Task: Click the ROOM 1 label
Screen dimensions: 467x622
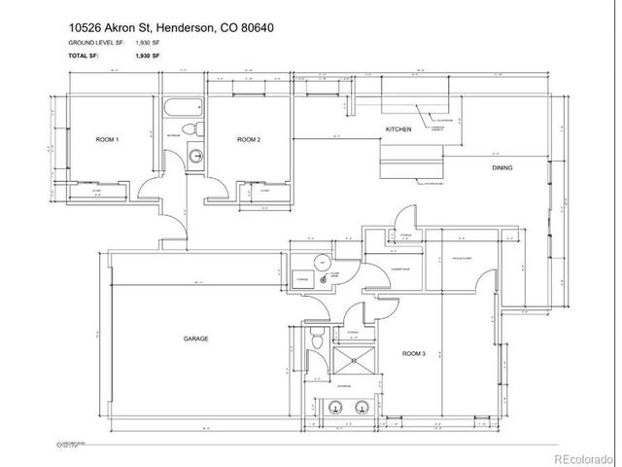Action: click(x=107, y=140)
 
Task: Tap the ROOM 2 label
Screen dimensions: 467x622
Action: click(x=249, y=140)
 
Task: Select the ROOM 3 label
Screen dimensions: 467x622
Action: click(x=414, y=354)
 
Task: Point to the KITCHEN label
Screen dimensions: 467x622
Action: click(x=398, y=129)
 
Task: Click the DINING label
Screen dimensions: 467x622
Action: click(x=501, y=168)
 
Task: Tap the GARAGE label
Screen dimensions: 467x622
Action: click(x=196, y=339)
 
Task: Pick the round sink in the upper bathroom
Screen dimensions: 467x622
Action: click(x=194, y=154)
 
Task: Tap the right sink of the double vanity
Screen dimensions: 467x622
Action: click(x=362, y=408)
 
